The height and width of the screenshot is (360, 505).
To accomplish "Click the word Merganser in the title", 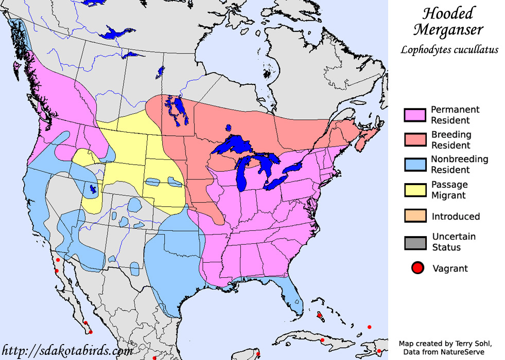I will (449, 30).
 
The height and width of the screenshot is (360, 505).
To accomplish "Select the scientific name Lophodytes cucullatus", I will (449, 50).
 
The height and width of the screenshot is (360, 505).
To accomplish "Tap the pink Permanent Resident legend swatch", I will (415, 115).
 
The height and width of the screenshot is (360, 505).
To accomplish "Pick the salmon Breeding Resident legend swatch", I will (415, 139).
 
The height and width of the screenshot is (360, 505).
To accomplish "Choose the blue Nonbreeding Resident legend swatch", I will (415, 164).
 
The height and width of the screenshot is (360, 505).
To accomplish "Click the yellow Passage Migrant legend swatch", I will (415, 189).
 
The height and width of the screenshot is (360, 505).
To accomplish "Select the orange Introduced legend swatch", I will (415, 215).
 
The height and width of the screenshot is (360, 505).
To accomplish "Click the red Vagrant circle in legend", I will (417, 268).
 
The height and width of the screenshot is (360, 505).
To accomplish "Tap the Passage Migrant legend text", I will (449, 190).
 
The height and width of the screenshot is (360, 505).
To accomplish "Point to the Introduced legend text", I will (456, 217).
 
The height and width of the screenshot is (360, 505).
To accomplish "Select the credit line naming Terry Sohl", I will (446, 343).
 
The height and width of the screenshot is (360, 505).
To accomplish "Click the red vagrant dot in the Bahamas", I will (319, 315).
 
